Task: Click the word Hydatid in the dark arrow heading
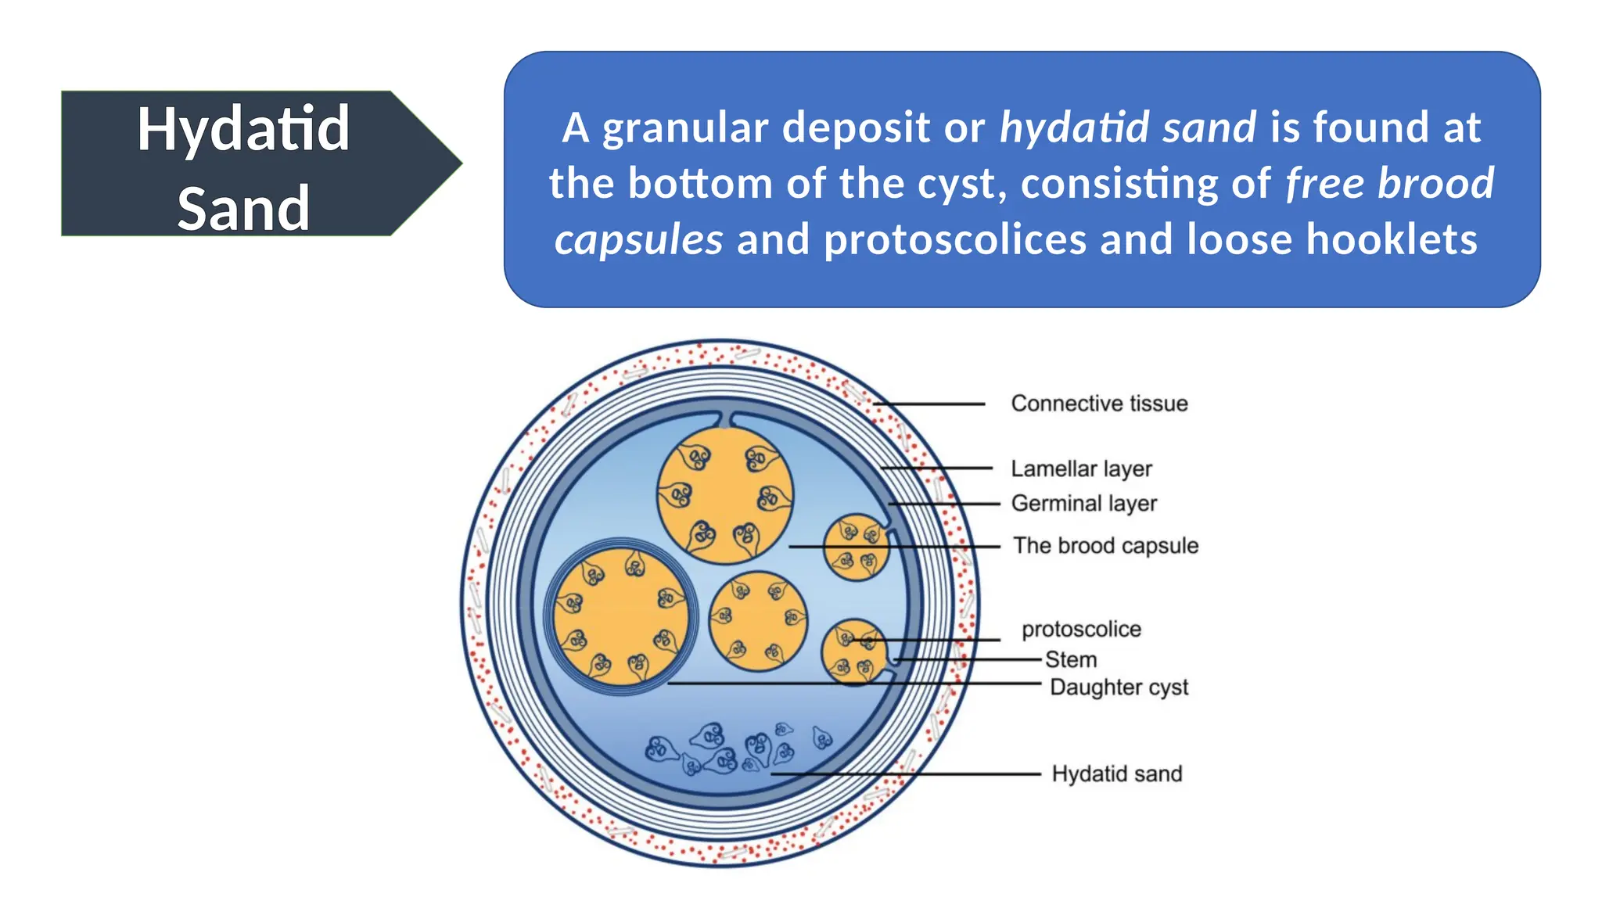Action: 243,129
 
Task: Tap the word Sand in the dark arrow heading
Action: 243,208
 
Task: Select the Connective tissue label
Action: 1099,404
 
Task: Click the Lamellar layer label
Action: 1081,468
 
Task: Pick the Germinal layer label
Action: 1083,503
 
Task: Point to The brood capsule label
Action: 1105,545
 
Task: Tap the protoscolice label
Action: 1081,629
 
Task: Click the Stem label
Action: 1071,659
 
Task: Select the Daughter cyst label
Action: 1119,687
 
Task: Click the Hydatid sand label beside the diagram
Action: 1116,774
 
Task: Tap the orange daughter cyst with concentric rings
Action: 620,616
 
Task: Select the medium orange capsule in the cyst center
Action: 757,621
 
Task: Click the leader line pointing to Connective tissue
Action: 931,404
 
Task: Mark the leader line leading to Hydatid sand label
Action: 907,774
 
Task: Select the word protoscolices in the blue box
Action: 954,239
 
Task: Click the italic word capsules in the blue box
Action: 638,239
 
